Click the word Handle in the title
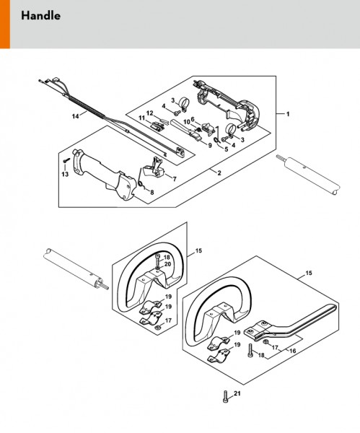(41, 16)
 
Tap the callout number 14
(75, 116)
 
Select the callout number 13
(65, 174)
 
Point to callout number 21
(237, 393)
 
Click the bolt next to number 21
(225, 396)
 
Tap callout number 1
(288, 114)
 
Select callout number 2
(219, 173)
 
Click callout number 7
(175, 179)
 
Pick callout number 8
(152, 192)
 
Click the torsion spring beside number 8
(141, 180)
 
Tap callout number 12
(149, 113)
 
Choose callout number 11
(141, 118)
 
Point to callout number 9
(210, 145)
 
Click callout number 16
(292, 351)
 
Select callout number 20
(167, 264)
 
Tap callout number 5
(227, 149)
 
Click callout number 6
(193, 119)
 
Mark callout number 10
(187, 122)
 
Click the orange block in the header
(5, 25)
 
